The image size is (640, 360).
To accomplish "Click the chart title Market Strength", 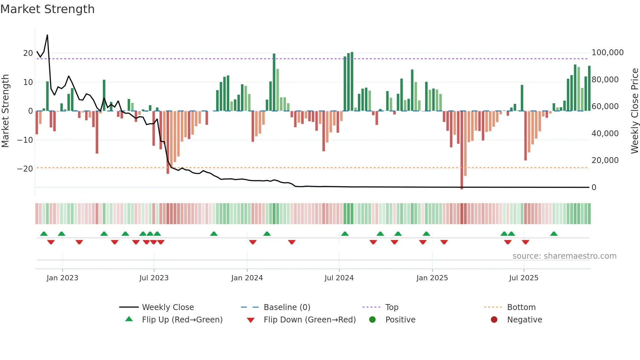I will coord(47,9).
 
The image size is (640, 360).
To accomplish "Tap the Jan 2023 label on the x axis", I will coord(62,278).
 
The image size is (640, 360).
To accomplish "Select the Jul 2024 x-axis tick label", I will coord(339,278).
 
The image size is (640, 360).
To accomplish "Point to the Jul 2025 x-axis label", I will coord(524,278).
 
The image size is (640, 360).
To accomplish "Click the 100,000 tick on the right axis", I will coord(607,53).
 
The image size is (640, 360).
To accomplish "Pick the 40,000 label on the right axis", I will coord(605,134).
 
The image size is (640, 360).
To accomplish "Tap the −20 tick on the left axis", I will coord(25,169).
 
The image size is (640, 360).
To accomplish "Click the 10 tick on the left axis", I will coord(28,82).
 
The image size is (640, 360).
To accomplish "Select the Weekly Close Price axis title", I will coord(634,111).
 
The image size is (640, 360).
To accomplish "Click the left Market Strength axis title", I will coord(5,111).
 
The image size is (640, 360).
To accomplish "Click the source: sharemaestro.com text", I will coord(564,256).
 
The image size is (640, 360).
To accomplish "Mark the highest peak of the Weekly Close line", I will coord(47,35).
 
